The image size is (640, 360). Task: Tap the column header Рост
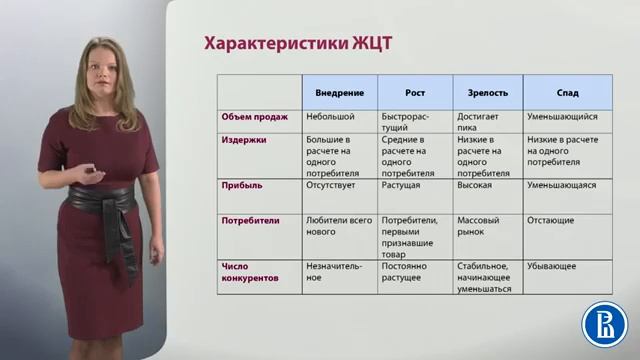pyautogui.click(x=414, y=92)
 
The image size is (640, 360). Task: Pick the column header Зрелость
pyautogui.click(x=487, y=92)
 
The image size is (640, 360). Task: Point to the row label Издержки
pyautogui.click(x=244, y=139)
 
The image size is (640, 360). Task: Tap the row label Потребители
pyautogui.click(x=250, y=219)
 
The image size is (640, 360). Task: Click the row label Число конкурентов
pyautogui.click(x=249, y=271)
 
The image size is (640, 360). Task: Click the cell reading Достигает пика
pyautogui.click(x=477, y=123)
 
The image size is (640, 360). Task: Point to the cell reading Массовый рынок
pyautogui.click(x=478, y=225)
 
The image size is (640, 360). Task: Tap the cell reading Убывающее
pyautogui.click(x=553, y=265)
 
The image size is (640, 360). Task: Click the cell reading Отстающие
pyautogui.click(x=552, y=219)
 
